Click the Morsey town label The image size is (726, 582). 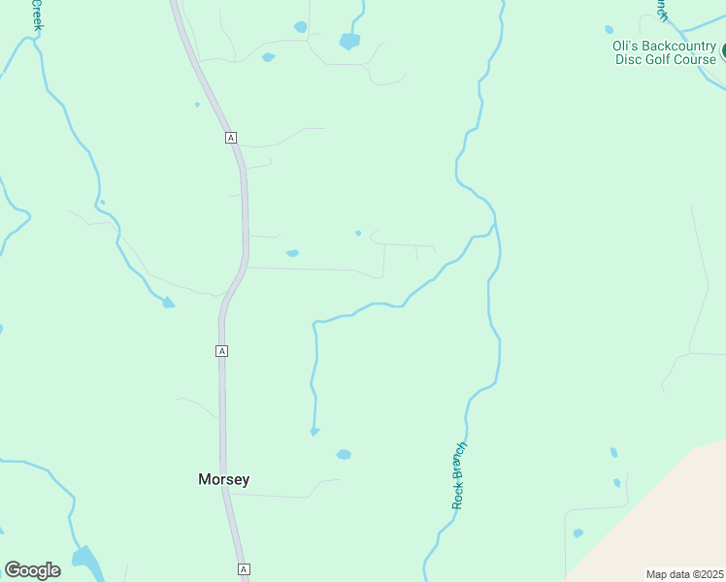pos(223,479)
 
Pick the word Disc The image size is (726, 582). pos(629,59)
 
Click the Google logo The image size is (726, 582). pos(32,570)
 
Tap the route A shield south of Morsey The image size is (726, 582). pos(244,569)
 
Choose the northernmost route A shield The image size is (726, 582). pos(230,138)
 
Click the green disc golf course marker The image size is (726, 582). pos(722,48)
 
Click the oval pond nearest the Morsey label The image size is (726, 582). pos(344,454)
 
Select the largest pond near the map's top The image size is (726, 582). pos(349,42)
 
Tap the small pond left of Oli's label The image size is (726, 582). pos(609,29)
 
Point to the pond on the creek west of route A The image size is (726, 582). pos(169,303)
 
